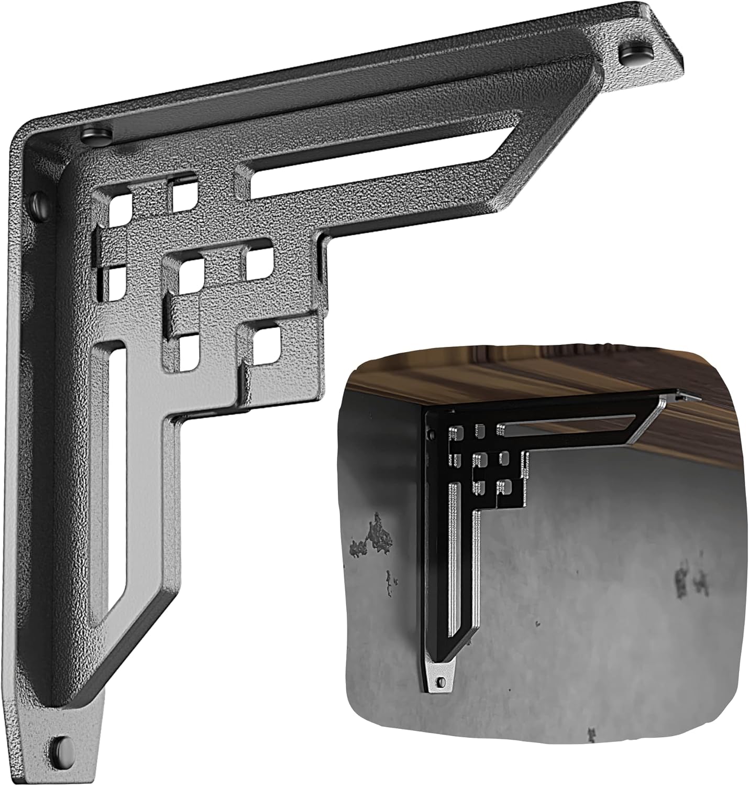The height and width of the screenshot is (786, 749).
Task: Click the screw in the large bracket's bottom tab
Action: click(x=63, y=746)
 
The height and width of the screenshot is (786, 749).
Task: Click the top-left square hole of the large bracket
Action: click(x=119, y=209)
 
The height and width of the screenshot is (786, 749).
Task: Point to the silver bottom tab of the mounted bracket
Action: click(x=442, y=679)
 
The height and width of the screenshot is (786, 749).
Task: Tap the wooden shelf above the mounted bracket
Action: click(x=524, y=377)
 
